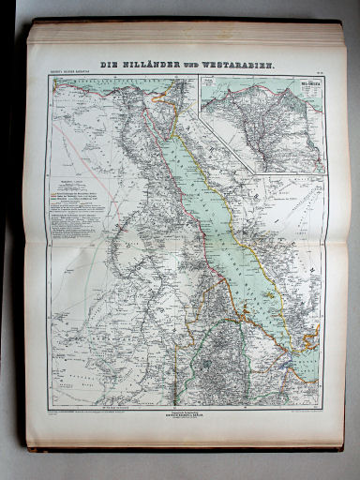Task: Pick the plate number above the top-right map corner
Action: [x=319, y=73]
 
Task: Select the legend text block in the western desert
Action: [x=75, y=197]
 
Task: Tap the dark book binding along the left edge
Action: [x=13, y=234]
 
